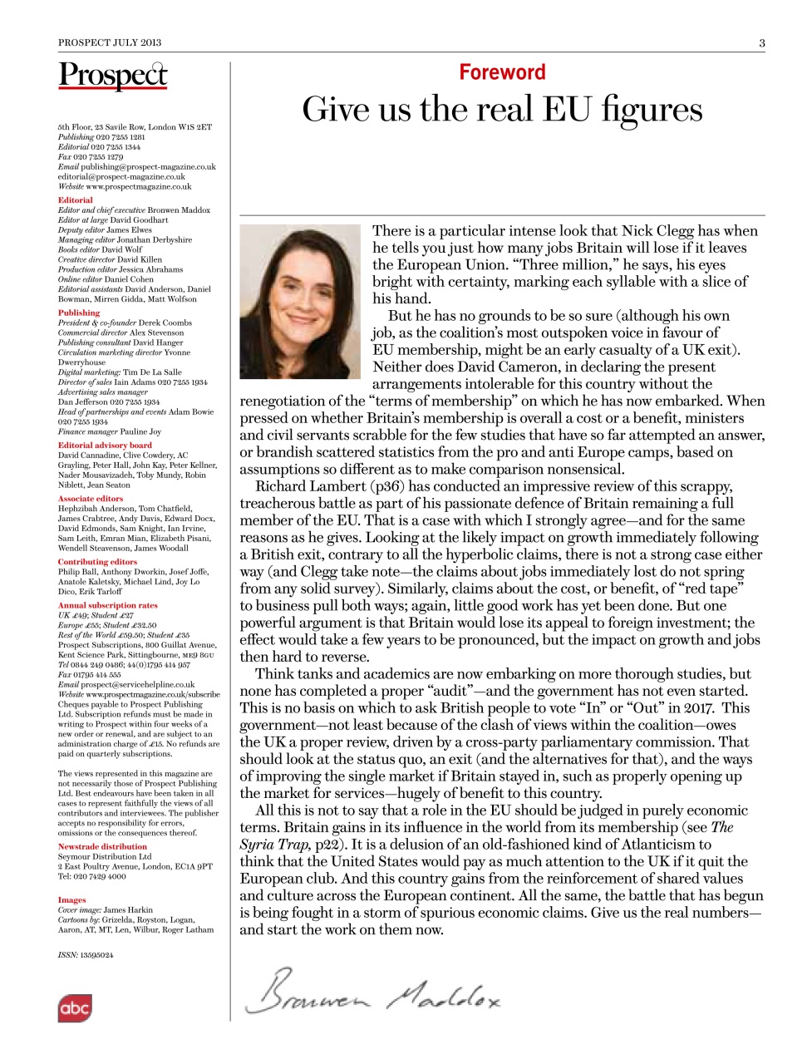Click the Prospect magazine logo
(112, 76)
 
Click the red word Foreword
(502, 72)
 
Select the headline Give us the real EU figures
(502, 110)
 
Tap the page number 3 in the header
(761, 42)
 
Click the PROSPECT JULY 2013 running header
(110, 42)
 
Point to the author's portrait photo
(300, 301)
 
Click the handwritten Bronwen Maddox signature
(373, 991)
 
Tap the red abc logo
(74, 1008)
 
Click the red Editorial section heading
(75, 200)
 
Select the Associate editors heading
(90, 499)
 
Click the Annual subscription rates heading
(107, 605)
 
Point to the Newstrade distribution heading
(102, 846)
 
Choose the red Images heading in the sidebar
(71, 899)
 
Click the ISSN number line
(86, 955)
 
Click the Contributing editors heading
(97, 562)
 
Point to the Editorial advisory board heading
(105, 446)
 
